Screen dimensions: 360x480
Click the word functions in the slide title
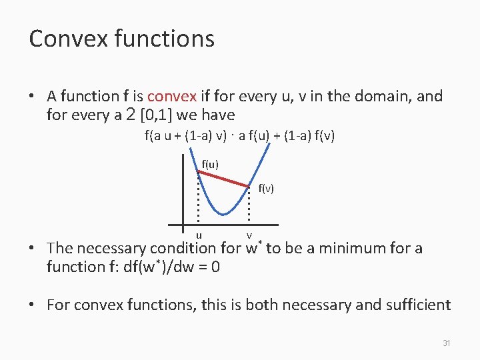tap(164, 39)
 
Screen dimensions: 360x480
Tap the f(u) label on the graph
tap(210, 164)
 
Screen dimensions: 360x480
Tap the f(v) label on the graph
tap(266, 189)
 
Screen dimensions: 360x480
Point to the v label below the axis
tap(249, 235)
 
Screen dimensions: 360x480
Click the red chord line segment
tap(223, 178)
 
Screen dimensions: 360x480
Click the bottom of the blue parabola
tap(224, 213)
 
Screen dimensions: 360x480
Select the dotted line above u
tap(199, 200)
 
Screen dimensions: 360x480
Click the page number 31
tap(447, 343)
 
